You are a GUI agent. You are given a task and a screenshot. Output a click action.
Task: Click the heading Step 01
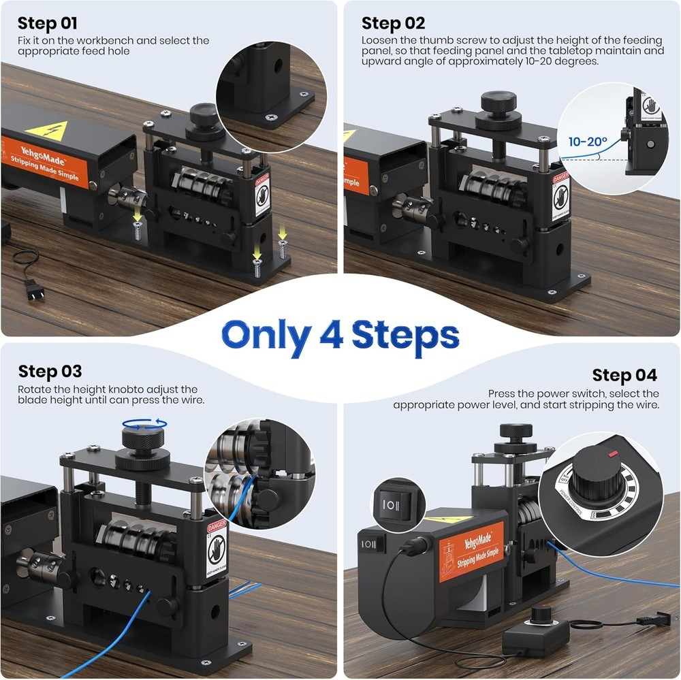tap(48, 25)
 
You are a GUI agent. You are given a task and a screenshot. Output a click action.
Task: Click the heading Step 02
tap(393, 23)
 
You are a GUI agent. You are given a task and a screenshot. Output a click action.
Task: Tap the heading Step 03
tap(50, 371)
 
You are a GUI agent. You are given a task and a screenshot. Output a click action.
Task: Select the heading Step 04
tap(624, 375)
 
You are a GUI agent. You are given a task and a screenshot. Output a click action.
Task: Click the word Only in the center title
tap(266, 336)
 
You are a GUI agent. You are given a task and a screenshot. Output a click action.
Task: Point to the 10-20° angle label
tap(588, 142)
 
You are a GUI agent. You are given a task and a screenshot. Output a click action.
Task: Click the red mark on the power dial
tap(614, 453)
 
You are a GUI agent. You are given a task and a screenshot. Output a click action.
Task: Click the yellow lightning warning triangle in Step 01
tap(46, 130)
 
